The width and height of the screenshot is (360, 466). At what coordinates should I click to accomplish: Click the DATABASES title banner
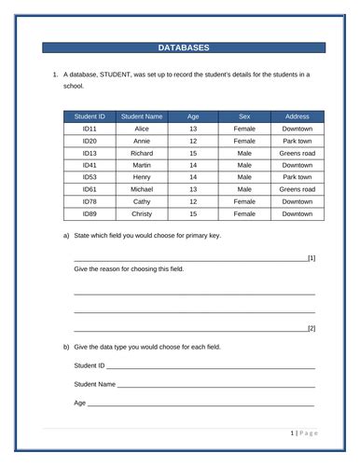(183, 48)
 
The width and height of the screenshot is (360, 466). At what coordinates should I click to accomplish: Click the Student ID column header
(90, 116)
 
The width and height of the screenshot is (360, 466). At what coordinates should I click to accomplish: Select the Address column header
(297, 116)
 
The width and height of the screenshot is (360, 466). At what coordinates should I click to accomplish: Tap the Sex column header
(244, 116)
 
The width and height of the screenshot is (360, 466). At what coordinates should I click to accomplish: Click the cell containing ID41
(90, 164)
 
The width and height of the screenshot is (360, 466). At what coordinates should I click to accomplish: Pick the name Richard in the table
(142, 152)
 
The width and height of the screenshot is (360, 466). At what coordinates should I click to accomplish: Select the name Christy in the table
(142, 212)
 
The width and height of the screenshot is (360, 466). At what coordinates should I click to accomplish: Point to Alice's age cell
(193, 129)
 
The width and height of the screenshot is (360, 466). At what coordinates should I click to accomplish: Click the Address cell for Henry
(297, 176)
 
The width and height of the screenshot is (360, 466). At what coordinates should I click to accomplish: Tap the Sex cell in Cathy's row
(244, 200)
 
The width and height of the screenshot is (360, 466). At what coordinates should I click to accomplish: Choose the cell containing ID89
(90, 212)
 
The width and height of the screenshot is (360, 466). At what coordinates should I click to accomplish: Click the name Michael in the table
(142, 188)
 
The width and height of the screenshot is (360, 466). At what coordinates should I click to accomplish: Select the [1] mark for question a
(311, 257)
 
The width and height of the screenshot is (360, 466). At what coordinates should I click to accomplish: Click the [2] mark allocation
(311, 328)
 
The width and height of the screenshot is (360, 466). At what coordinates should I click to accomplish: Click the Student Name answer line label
(94, 383)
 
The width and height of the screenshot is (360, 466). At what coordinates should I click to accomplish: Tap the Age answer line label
(79, 402)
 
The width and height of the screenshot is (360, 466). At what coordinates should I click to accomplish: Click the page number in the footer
(292, 433)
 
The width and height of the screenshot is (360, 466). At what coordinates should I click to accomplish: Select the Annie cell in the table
(142, 140)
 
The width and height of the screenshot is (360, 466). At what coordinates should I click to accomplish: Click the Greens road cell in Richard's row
(297, 152)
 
